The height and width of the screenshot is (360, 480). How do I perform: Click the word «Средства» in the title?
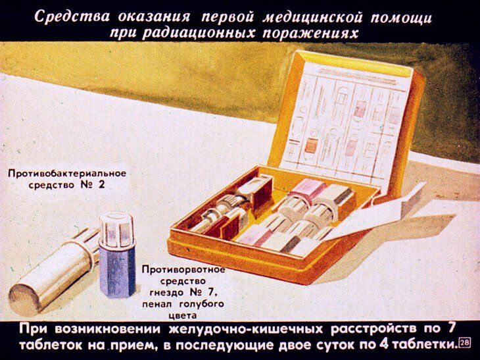point(68,16)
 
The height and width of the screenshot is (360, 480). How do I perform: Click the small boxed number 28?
point(464,342)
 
